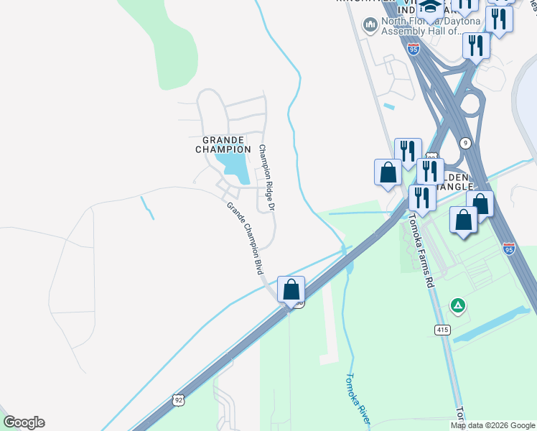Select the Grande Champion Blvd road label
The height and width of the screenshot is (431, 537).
pyautogui.click(x=243, y=238)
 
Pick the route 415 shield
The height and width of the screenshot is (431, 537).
pyautogui.click(x=443, y=329)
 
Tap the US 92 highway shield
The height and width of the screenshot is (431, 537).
pyautogui.click(x=179, y=399)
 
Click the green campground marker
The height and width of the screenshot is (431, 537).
pyautogui.click(x=457, y=306)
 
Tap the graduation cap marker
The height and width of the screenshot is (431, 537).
pyautogui.click(x=430, y=7)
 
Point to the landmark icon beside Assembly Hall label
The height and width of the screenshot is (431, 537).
pyautogui.click(x=370, y=27)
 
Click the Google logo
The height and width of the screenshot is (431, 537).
pyautogui.click(x=24, y=422)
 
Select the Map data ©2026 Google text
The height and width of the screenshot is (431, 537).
pyautogui.click(x=492, y=425)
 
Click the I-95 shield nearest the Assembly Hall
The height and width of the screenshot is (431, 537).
pyautogui.click(x=414, y=49)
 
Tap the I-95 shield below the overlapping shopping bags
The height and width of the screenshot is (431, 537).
pyautogui.click(x=509, y=249)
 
